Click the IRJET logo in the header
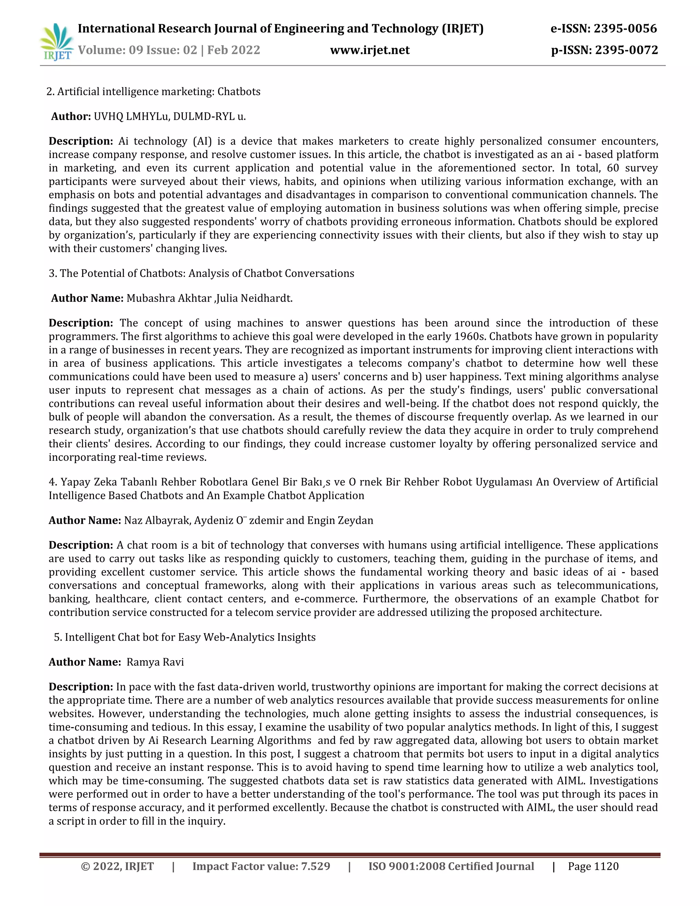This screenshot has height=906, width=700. point(57,41)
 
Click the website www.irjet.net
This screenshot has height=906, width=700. point(369,50)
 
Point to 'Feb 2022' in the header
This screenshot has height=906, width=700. point(233,50)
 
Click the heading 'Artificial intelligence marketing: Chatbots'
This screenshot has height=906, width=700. point(158,92)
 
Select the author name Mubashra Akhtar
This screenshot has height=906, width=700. point(169,298)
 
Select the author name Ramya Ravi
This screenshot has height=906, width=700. point(155,662)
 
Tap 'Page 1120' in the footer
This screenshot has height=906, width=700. point(593,866)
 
